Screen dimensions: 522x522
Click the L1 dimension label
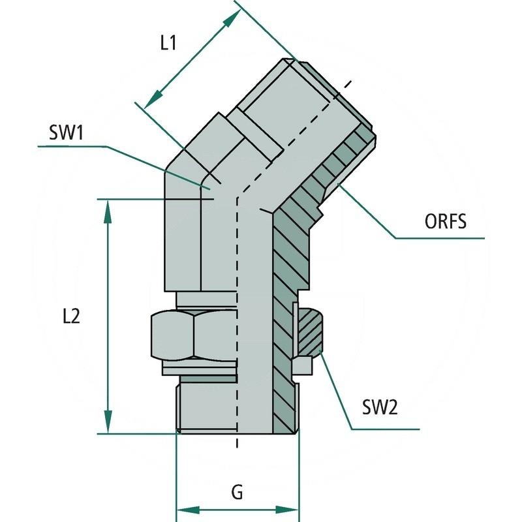[x=168, y=44]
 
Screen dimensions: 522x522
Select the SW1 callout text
[x=67, y=134]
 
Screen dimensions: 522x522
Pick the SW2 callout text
[x=380, y=408]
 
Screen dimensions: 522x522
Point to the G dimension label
[x=238, y=492]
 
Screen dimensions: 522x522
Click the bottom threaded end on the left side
[x=206, y=408]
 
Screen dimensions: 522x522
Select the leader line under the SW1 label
[x=72, y=146]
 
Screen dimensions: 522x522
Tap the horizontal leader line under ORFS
[x=440, y=238]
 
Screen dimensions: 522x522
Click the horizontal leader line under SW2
[x=385, y=429]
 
